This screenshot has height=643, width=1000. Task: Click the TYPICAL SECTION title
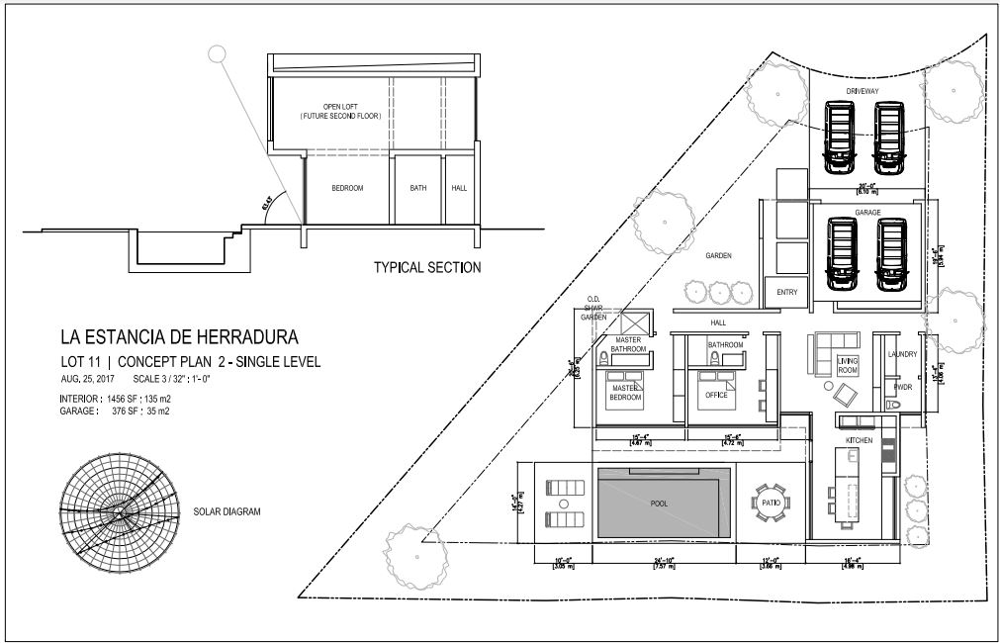[x=427, y=267]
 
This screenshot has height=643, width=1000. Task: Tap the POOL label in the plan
[x=659, y=504]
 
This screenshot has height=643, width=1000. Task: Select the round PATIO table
[x=770, y=502]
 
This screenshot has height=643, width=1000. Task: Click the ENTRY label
[x=786, y=292]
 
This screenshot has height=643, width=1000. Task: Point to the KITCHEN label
[x=858, y=439]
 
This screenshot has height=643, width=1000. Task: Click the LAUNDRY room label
[x=903, y=353]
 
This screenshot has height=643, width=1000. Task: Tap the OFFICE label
[x=716, y=395]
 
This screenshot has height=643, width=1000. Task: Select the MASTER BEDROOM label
[x=626, y=393]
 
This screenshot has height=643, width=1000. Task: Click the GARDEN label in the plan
[x=718, y=255]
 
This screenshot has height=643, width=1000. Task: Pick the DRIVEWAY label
[x=863, y=91]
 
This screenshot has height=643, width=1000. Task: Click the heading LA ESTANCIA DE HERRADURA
[x=179, y=337]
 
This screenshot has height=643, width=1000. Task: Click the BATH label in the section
[x=417, y=188]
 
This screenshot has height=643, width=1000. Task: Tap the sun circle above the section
[x=217, y=54]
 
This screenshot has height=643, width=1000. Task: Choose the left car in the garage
[x=843, y=253]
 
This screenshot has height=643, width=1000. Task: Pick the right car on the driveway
[x=890, y=135]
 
